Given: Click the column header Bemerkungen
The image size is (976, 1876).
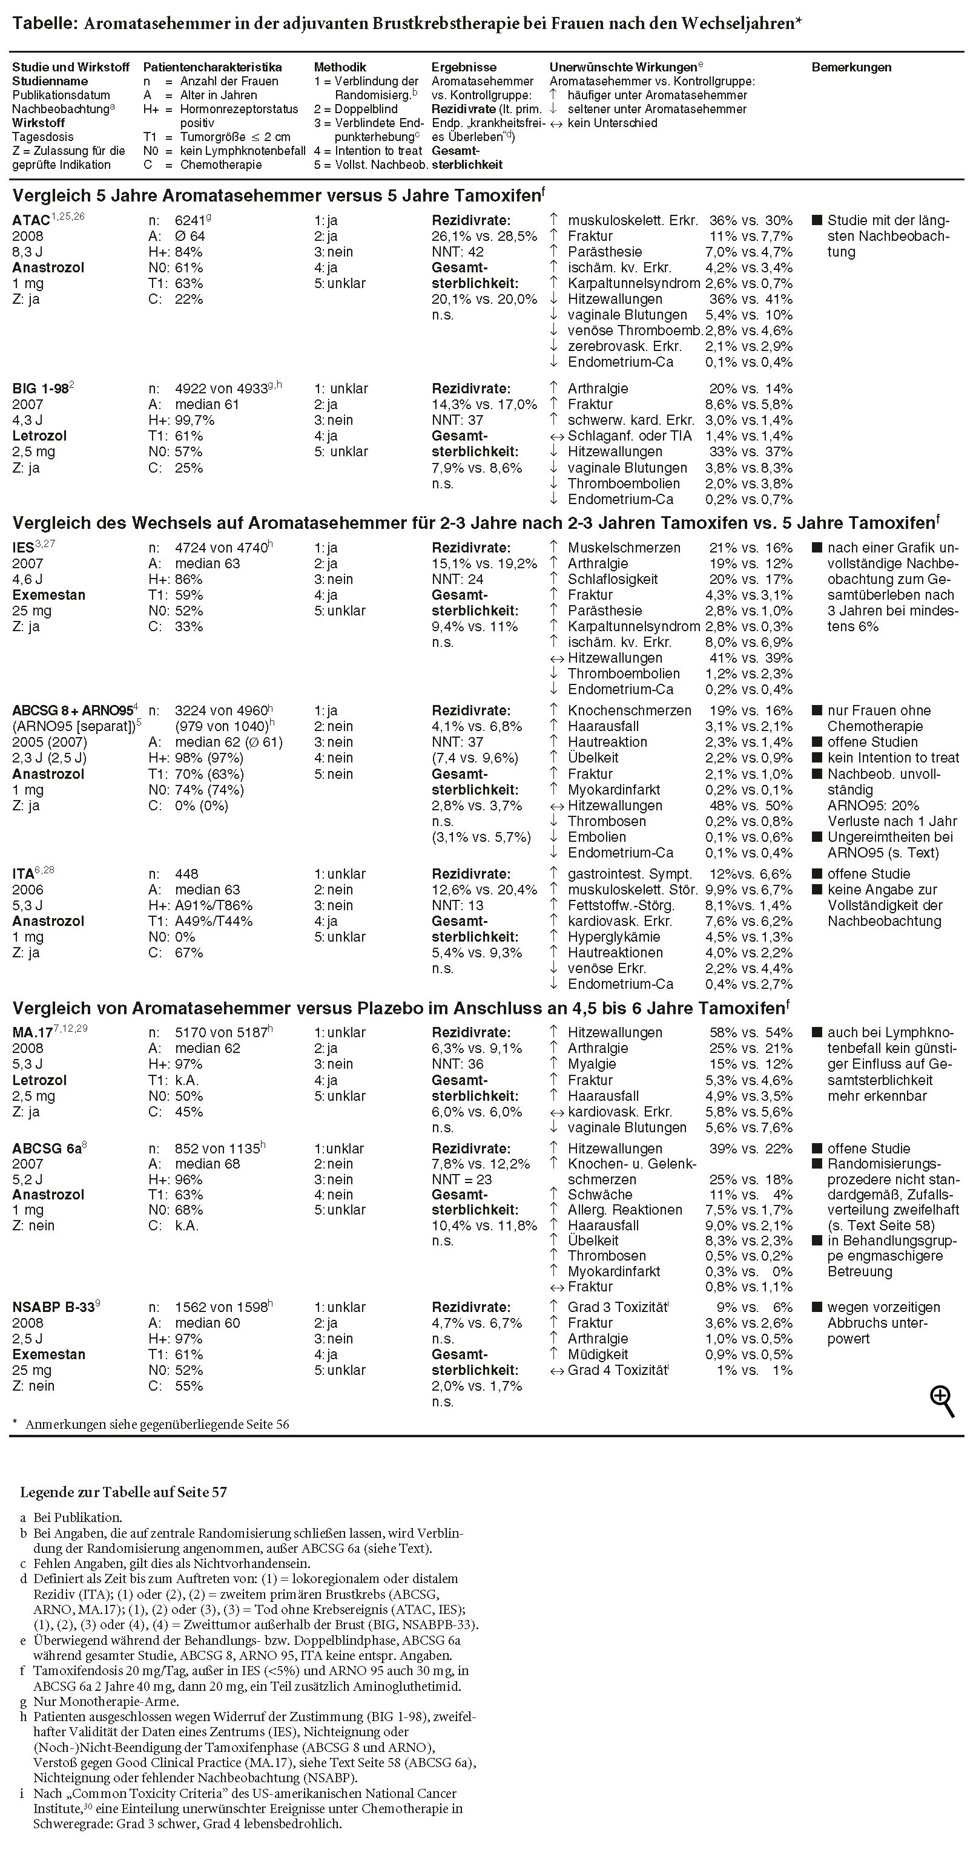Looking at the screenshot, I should (x=851, y=67).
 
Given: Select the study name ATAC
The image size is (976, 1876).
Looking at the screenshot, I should (x=31, y=220).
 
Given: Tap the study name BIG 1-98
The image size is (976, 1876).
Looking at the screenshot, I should (x=39, y=389).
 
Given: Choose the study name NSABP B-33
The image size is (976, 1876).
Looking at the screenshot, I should (x=53, y=1307).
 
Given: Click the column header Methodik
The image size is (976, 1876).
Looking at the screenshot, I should (x=340, y=67).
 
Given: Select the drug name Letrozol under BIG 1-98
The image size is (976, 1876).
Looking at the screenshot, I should (x=39, y=436).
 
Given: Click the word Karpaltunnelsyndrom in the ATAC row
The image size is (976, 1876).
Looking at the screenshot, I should (x=634, y=283).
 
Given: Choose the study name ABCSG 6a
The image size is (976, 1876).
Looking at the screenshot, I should (x=47, y=1149).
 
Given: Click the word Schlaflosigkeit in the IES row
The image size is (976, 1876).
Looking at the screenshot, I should (x=612, y=579).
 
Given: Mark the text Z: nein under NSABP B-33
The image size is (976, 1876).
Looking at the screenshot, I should (x=33, y=1386).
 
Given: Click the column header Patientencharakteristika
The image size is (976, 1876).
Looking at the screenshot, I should (x=212, y=67).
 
